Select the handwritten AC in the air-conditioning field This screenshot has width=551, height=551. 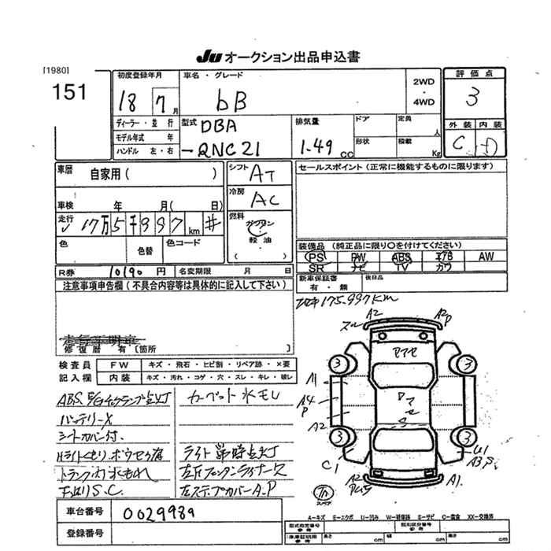tap(264, 199)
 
